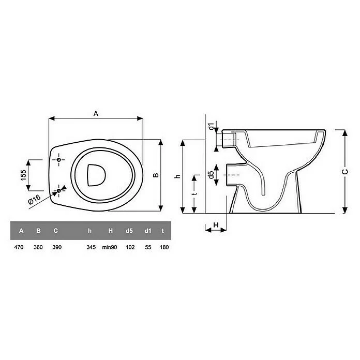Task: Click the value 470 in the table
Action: tap(19, 247)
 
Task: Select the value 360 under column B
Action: tap(38, 247)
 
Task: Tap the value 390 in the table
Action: tap(57, 247)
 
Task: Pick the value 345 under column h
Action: tap(91, 247)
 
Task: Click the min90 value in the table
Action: tap(110, 247)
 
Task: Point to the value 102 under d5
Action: tap(130, 247)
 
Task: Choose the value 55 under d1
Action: tap(148, 247)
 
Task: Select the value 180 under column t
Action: tap(164, 247)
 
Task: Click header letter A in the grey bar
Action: tap(21, 231)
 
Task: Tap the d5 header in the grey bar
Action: tap(129, 231)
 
